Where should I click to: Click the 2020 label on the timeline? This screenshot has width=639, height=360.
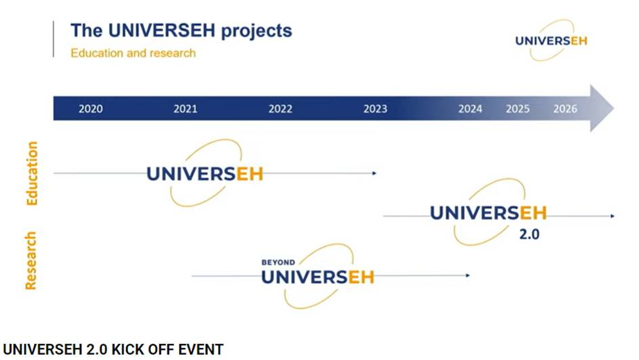click(91, 109)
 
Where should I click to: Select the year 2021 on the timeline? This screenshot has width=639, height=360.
click(185, 109)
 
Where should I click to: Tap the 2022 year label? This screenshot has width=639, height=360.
click(280, 109)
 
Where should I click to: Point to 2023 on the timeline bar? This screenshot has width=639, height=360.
click(375, 109)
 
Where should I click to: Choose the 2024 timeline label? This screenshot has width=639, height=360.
click(470, 109)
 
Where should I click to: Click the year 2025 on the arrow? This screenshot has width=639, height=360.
click(518, 109)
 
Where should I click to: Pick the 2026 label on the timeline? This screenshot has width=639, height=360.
click(565, 109)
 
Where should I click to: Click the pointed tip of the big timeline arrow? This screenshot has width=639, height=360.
click(614, 108)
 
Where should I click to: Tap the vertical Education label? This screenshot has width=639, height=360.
click(31, 173)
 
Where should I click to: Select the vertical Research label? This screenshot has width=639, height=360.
click(30, 261)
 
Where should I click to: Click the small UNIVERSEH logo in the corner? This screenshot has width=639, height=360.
click(552, 41)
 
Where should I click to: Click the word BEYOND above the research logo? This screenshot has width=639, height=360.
click(278, 263)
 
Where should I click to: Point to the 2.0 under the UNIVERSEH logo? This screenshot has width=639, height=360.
click(529, 234)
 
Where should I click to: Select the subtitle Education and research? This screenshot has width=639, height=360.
click(133, 53)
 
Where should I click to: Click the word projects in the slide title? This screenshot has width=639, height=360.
click(257, 31)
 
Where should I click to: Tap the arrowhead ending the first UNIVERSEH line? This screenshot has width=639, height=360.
click(374, 173)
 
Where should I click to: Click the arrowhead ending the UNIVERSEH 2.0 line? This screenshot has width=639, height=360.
click(613, 216)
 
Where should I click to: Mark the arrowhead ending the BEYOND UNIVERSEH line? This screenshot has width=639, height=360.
click(468, 275)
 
